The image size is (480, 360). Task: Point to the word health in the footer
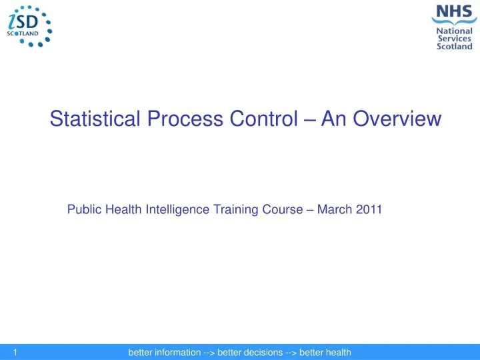pos(337,352)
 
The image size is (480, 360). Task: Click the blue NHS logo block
pos(453,12)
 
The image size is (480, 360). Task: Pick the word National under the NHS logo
pos(454,30)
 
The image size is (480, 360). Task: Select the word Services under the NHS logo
pos(454,39)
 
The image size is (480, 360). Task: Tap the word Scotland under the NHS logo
pos(454,47)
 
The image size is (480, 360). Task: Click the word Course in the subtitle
pos(279,210)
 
